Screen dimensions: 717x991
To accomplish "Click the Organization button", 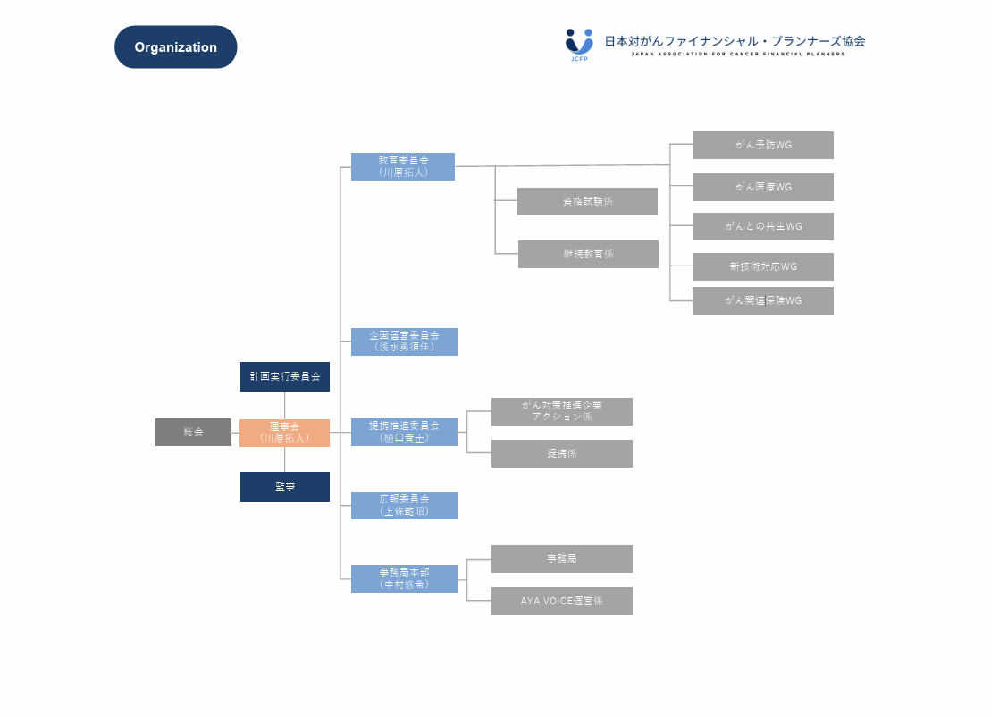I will coord(175,47).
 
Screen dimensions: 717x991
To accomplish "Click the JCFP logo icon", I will coord(579,43).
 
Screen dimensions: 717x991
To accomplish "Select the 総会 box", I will coord(193,432).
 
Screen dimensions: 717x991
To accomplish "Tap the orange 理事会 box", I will coord(284,433).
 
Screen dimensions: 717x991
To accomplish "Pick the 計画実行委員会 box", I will coord(284,376).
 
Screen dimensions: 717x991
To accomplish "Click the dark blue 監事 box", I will coord(284,486).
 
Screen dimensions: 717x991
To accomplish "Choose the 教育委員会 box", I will coord(402,166).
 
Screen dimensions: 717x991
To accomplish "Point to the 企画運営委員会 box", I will coord(404,342).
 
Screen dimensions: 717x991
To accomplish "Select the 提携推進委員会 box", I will coord(404,432).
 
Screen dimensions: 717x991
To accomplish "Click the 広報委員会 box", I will coord(404,505).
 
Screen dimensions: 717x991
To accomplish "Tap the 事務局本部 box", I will coord(404,578).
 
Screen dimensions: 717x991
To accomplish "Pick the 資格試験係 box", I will coord(587,201).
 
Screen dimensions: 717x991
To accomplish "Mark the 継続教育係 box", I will coord(588,254).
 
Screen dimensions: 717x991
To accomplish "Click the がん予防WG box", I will coord(763,145).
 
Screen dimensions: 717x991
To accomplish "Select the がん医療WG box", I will coord(763,187).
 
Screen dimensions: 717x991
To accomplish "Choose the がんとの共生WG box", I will coord(763,226).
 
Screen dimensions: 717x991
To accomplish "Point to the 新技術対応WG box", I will coord(763,266).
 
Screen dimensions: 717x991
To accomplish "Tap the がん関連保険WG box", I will coord(763,300).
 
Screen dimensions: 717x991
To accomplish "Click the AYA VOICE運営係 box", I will coord(561,601).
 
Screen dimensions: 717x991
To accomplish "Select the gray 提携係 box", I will coord(561,453).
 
